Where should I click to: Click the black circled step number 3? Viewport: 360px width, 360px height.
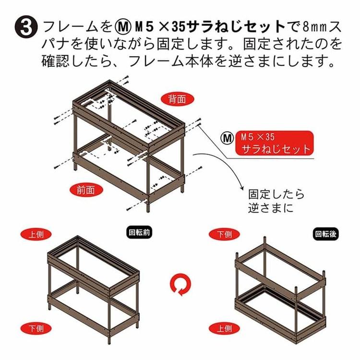pos(26,28)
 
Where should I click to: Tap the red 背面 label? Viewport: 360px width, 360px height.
pos(178,99)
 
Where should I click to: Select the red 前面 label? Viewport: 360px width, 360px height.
pos(86,190)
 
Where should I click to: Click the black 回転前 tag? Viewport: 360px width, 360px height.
pos(139,233)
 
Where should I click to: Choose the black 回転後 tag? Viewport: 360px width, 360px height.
pos(326,234)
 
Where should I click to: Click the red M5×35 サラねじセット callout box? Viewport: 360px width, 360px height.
pos(274,143)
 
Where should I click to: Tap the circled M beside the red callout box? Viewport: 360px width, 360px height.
pos(228,138)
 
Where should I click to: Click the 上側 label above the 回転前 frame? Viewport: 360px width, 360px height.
pos(36,234)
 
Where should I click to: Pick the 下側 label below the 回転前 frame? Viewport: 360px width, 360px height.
pos(36,329)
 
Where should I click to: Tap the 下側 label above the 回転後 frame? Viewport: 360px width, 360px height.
pos(224,234)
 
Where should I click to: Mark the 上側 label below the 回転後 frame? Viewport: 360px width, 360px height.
pos(224,328)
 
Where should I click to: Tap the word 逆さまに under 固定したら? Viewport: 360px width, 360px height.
pos(271,208)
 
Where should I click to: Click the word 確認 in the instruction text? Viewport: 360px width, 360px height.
pos(55,60)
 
